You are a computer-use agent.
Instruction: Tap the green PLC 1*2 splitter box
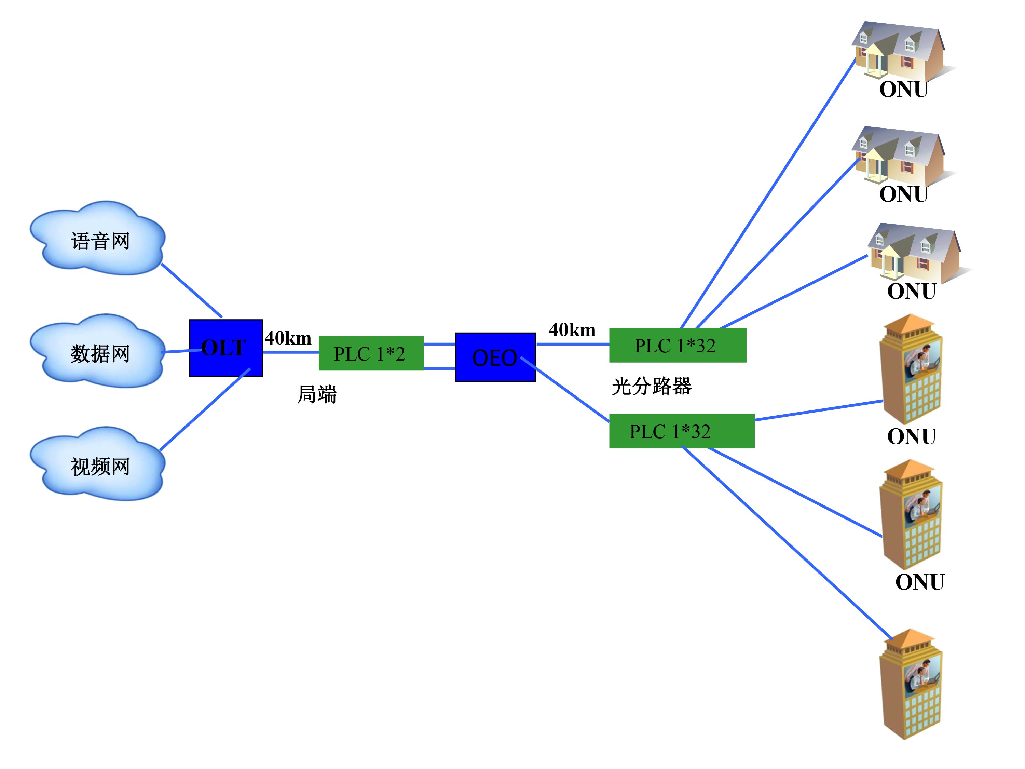click(x=371, y=353)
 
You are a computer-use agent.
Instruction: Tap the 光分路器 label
click(x=651, y=386)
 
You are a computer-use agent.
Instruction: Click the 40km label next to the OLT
click(x=288, y=338)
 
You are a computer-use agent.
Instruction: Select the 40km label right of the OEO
click(x=572, y=330)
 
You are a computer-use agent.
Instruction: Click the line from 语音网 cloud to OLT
click(x=191, y=291)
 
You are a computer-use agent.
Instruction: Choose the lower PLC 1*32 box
click(x=681, y=431)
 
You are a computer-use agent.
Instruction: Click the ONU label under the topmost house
click(x=903, y=90)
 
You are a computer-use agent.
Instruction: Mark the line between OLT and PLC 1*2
click(x=290, y=352)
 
